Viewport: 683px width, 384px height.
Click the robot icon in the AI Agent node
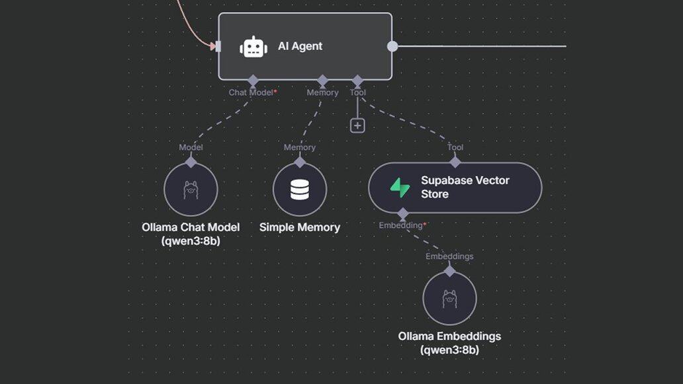(253, 47)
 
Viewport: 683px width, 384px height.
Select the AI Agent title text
(300, 46)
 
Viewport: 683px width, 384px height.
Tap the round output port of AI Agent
(392, 46)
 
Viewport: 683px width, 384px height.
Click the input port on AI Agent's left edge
(216, 46)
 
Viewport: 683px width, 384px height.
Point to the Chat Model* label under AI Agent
(253, 93)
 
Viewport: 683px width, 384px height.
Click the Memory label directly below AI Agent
(322, 93)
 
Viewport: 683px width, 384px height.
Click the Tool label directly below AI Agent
(357, 93)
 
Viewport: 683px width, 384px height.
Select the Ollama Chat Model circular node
(191, 189)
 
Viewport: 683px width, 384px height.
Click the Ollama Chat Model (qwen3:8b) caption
(191, 234)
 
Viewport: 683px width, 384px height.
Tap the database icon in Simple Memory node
(300, 189)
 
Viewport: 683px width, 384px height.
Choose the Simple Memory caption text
(300, 227)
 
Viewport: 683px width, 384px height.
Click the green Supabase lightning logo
(400, 188)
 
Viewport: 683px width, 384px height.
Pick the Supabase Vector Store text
(465, 187)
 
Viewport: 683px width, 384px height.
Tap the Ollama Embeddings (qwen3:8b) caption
(449, 343)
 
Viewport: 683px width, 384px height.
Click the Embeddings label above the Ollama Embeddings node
(449, 256)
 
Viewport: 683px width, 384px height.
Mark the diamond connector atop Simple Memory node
(300, 162)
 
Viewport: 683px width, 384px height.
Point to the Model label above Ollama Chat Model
(191, 147)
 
